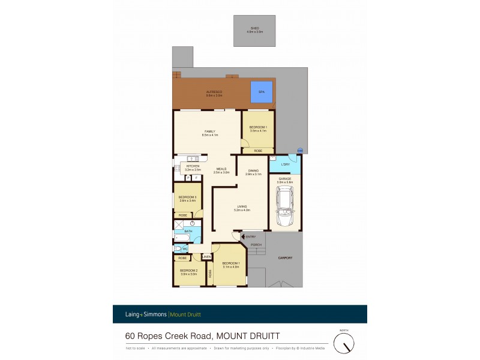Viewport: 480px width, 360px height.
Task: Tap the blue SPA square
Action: click(262, 92)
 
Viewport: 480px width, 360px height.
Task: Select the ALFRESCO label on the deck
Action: click(214, 92)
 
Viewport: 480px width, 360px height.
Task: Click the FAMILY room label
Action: click(209, 131)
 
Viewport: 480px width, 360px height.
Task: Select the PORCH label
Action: click(256, 245)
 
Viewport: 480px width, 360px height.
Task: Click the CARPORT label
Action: click(285, 258)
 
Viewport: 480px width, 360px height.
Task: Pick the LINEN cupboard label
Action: click(206, 257)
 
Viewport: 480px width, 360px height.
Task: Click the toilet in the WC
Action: click(178, 248)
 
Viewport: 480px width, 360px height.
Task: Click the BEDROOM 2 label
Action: click(188, 270)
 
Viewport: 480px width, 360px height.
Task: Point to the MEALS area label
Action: click(222, 169)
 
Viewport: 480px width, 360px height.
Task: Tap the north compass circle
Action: click(344, 343)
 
